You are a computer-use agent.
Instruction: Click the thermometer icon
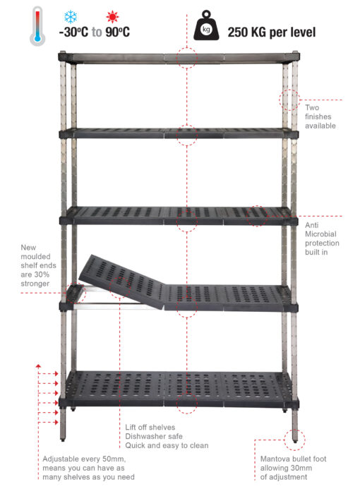pos(37,26)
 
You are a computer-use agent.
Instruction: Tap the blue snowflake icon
pos(71,16)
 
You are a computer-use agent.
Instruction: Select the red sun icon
pos(111,16)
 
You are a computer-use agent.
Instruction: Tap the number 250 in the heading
pos(243,32)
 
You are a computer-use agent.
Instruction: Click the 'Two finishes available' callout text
pos(320,116)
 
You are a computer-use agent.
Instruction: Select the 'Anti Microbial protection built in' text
pos(322,238)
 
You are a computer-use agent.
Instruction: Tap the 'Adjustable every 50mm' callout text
pos(88,468)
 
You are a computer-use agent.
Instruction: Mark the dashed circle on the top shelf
pos(186,57)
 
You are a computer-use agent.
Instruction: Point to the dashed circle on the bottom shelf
pos(186,403)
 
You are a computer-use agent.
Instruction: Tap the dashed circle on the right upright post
pos(289,99)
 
